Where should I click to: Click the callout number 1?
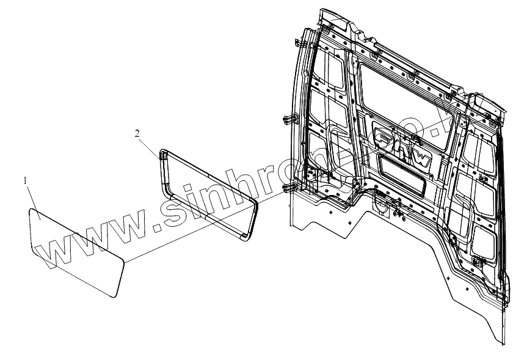[x=25, y=181]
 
